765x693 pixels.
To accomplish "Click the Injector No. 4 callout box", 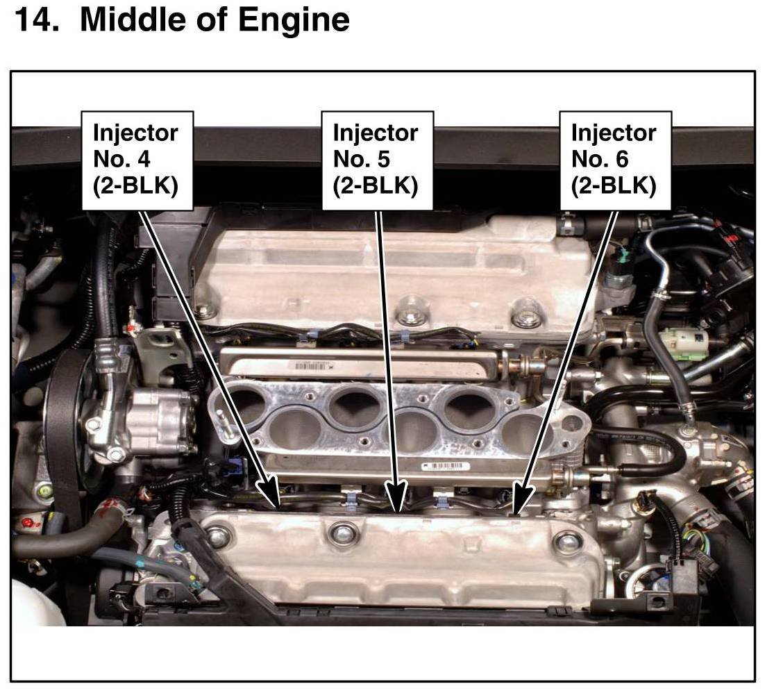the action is pyautogui.click(x=137, y=160).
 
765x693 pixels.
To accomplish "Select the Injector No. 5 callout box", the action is pyautogui.click(x=377, y=160).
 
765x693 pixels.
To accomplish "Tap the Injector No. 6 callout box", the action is pyautogui.click(x=615, y=160).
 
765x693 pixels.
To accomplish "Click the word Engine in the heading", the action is pyautogui.click(x=294, y=21).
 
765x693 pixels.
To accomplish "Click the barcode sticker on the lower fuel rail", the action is pyautogui.click(x=446, y=466).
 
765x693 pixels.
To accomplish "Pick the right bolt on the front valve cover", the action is pyautogui.click(x=567, y=540).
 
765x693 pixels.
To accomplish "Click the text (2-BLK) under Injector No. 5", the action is pyautogui.click(x=375, y=186).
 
